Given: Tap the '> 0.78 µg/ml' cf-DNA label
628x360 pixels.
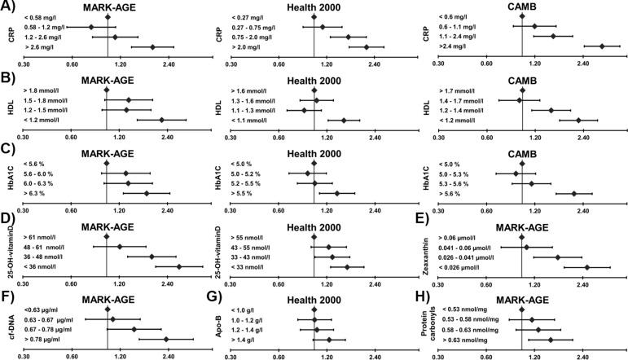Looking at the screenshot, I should (47, 339).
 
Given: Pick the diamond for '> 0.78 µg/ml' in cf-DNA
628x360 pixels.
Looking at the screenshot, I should (166, 339).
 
